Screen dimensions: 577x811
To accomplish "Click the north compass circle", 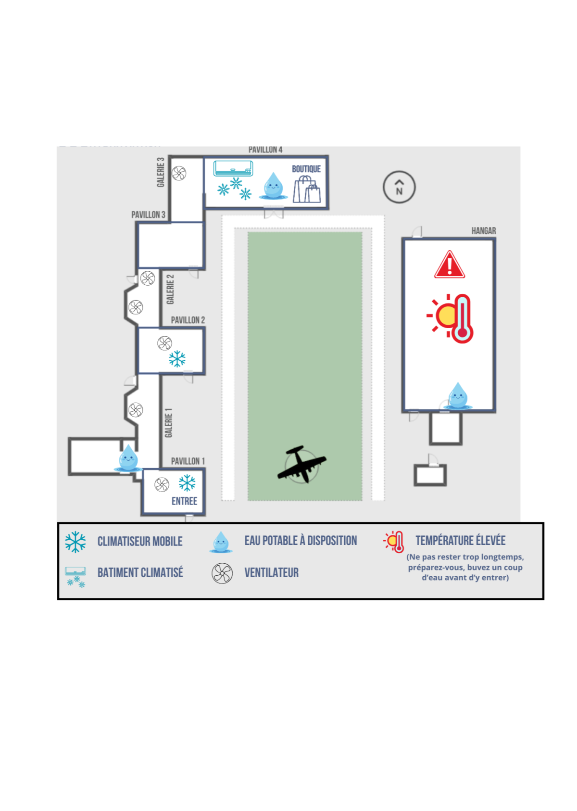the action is [399, 172].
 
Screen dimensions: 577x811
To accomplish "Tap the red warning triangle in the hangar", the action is [449, 265].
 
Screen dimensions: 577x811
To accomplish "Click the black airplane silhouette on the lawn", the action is [301, 464].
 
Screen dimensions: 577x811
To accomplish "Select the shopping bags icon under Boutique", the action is [307, 189].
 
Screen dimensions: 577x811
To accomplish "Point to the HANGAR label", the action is [483, 230].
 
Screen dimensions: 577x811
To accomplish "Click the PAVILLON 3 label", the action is [148, 215].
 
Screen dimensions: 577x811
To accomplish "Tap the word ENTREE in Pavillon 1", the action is [184, 501].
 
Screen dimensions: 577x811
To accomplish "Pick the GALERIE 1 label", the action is [168, 422].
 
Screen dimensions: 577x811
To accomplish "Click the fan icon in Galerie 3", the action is [179, 173].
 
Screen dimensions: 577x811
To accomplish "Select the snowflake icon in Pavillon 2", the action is [177, 359].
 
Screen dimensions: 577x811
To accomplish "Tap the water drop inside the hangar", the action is [458, 395].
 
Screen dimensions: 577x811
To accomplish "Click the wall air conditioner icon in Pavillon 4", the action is [233, 168].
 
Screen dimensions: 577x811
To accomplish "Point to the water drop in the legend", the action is [221, 542].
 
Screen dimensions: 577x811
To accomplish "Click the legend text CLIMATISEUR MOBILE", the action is [140, 541].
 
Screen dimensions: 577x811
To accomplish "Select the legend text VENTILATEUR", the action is [272, 572].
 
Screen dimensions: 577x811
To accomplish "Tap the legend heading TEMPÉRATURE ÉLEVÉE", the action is [461, 540].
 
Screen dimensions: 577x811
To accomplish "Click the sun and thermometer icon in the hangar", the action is [450, 318].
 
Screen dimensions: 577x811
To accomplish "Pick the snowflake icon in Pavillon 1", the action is [187, 482].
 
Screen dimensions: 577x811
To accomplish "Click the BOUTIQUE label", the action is [306, 169].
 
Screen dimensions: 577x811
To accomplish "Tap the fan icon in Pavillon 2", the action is [164, 343].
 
